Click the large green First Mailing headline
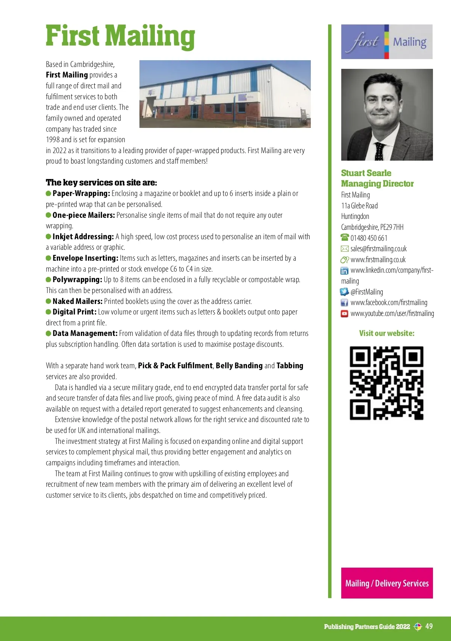120,36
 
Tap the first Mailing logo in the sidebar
387,42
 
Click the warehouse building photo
225,94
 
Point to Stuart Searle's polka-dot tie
380,151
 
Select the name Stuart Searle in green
366,173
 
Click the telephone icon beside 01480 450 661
345,238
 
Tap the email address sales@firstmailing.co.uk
378,249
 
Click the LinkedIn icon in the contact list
344,270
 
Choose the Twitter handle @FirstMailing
367,292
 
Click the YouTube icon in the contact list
344,313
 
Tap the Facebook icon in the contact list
344,302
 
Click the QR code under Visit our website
387,383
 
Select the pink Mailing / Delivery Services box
387,583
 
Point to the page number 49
429,626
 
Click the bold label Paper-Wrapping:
81,193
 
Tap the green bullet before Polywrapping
48,279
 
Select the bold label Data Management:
85,333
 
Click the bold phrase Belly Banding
239,366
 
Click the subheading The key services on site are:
101,182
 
